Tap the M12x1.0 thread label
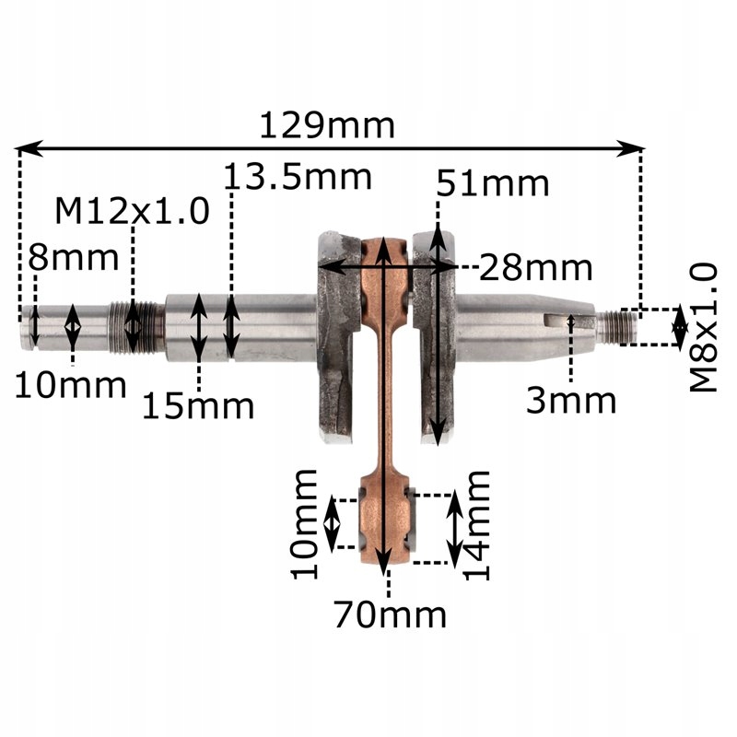coord(132,211)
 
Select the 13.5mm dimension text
coord(298,175)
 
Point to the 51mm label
coord(493,183)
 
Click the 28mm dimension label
coord(535,268)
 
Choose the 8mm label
coord(74,258)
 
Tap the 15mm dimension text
coord(197,404)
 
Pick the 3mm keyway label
coord(571,400)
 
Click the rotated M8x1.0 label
coord(704,327)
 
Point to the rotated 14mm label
coord(476,525)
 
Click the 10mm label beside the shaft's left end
coord(70,384)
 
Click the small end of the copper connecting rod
coord(386,520)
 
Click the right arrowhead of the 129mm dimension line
coord(638,146)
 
